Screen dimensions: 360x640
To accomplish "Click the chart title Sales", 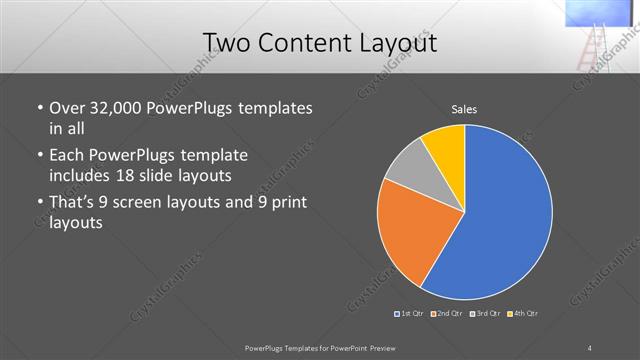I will [x=463, y=108].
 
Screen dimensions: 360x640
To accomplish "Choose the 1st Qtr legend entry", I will [x=410, y=314].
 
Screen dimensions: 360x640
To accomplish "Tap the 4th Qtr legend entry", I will [x=523, y=314].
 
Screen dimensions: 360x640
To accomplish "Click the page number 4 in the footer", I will [x=591, y=348].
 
